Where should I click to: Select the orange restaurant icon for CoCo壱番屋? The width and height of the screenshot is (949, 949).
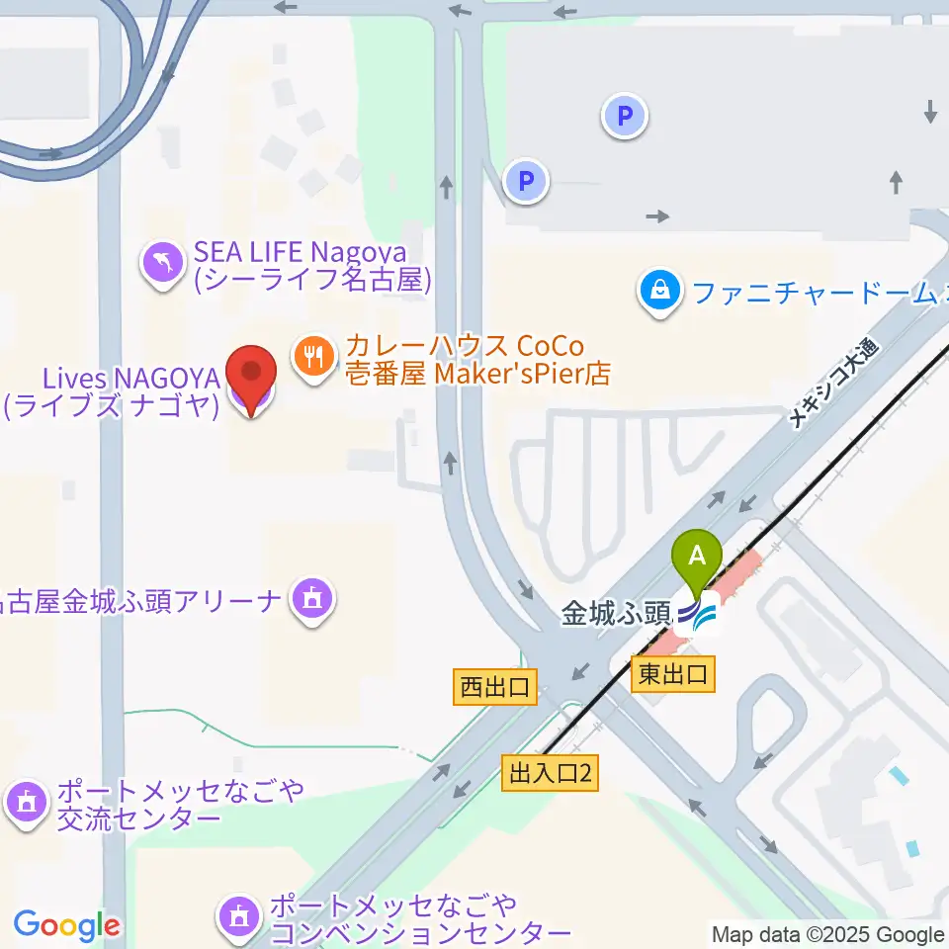click(314, 355)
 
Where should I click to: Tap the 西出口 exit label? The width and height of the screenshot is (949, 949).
click(495, 687)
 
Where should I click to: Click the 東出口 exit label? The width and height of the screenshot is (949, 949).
click(672, 675)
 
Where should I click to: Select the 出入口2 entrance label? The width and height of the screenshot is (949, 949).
click(551, 773)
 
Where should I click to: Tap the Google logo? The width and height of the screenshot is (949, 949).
click(66, 926)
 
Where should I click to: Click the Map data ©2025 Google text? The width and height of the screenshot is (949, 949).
click(827, 934)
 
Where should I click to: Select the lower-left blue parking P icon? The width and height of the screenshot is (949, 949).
click(526, 181)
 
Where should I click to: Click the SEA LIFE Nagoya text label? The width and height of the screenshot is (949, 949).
click(313, 269)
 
